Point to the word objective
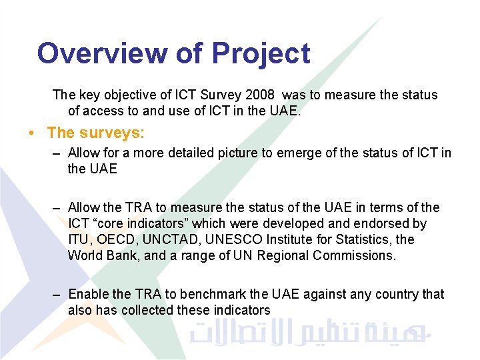coord(132,95)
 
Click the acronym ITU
coord(79,239)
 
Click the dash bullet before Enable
coord(58,295)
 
